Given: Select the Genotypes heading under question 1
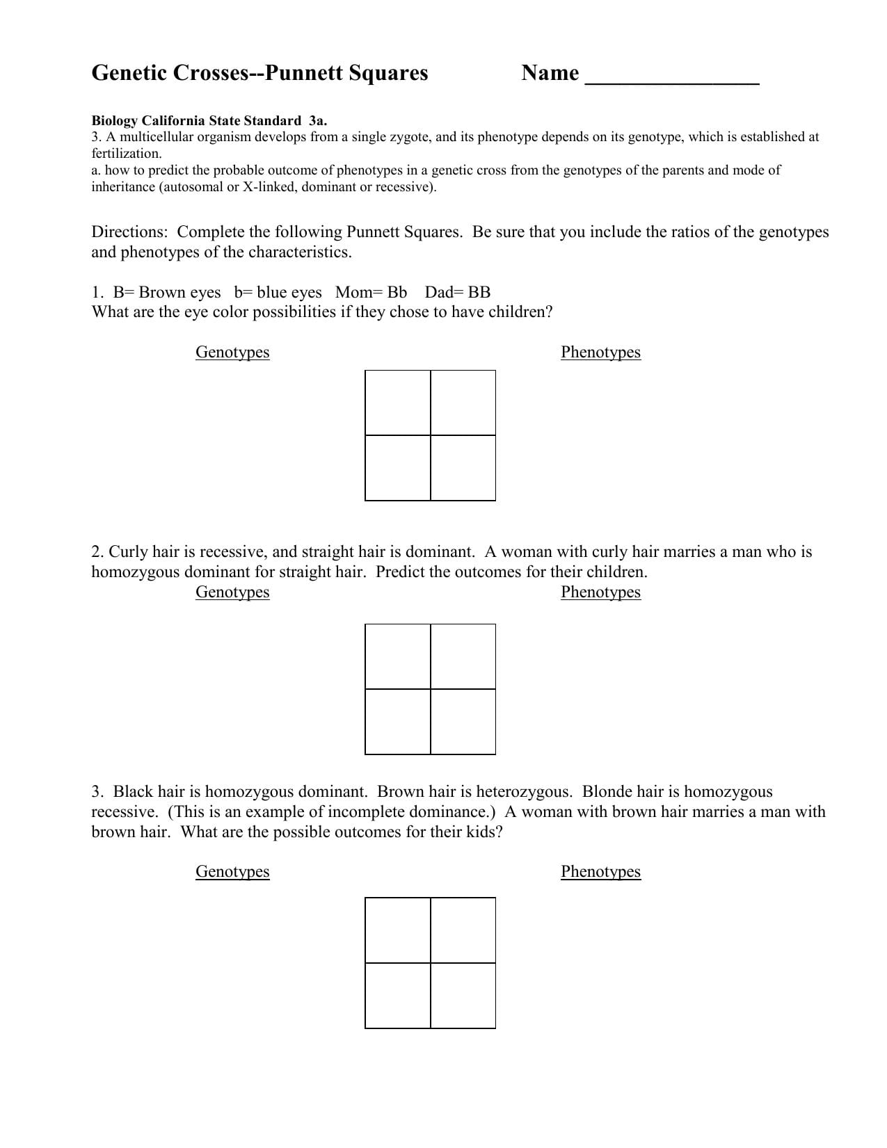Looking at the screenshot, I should pyautogui.click(x=232, y=352).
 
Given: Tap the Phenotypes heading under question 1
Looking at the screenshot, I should pyautogui.click(x=600, y=352).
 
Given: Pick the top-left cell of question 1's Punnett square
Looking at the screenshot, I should pyautogui.click(x=398, y=403).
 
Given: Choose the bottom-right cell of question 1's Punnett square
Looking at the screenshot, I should pyautogui.click(x=463, y=468).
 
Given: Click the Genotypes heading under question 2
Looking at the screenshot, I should pyautogui.click(x=232, y=592).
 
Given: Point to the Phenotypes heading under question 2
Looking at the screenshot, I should pyautogui.click(x=600, y=592).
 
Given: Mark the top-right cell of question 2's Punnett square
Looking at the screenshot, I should pyautogui.click(x=463, y=657).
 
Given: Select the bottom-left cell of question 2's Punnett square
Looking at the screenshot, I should pyautogui.click(x=398, y=722).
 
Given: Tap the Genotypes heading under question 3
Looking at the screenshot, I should pyautogui.click(x=232, y=871).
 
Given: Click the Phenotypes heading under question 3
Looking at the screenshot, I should pyautogui.click(x=600, y=871).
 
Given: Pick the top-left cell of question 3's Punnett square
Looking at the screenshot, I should pyautogui.click(x=398, y=930).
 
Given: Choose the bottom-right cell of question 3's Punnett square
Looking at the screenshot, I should pyautogui.click(x=463, y=996).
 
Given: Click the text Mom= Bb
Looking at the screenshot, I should pyautogui.click(x=371, y=292).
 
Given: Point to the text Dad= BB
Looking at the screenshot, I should pyautogui.click(x=457, y=292).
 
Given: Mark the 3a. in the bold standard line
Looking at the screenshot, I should pyautogui.click(x=317, y=120).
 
